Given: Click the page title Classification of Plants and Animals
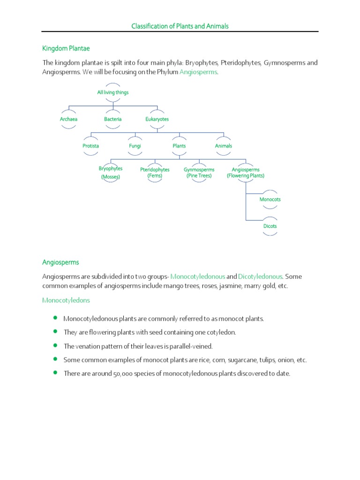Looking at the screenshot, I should pos(180,26).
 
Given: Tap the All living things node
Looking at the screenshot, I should pos(112,92).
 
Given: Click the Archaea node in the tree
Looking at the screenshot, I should pos(68,119).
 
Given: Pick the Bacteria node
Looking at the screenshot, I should pos(112,119).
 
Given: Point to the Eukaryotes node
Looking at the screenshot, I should pos(157,119).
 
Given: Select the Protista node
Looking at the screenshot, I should pos(90,146).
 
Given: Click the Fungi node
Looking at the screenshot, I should pos(135,146).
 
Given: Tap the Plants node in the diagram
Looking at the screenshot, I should pos(179,146).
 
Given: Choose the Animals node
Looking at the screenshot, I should pos(223,146).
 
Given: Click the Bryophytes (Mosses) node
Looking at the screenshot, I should pos(111,172).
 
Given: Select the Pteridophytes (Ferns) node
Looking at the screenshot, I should pos(155,172).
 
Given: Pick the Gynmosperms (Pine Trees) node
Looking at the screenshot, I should pos(199,172).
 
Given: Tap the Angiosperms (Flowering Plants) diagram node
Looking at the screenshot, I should pos(246,172).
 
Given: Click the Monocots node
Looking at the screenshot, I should pos(270,199).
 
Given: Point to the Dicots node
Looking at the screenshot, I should pos(270,226).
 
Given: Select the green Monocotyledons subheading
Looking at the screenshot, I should pos(66,300).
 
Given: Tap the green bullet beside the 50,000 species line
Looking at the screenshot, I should pos(55,373).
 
